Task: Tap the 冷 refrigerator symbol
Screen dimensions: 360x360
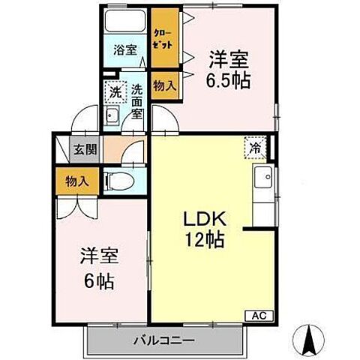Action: (x=256, y=148)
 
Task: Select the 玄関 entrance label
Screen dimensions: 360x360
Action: (x=84, y=148)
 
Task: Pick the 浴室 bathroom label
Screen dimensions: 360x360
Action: (x=124, y=50)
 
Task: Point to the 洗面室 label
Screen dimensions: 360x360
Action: (x=136, y=101)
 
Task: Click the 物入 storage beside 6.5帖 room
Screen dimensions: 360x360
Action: (x=164, y=86)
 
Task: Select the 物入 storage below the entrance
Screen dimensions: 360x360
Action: (x=76, y=181)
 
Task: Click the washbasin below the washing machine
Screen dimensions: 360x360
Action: (x=112, y=115)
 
